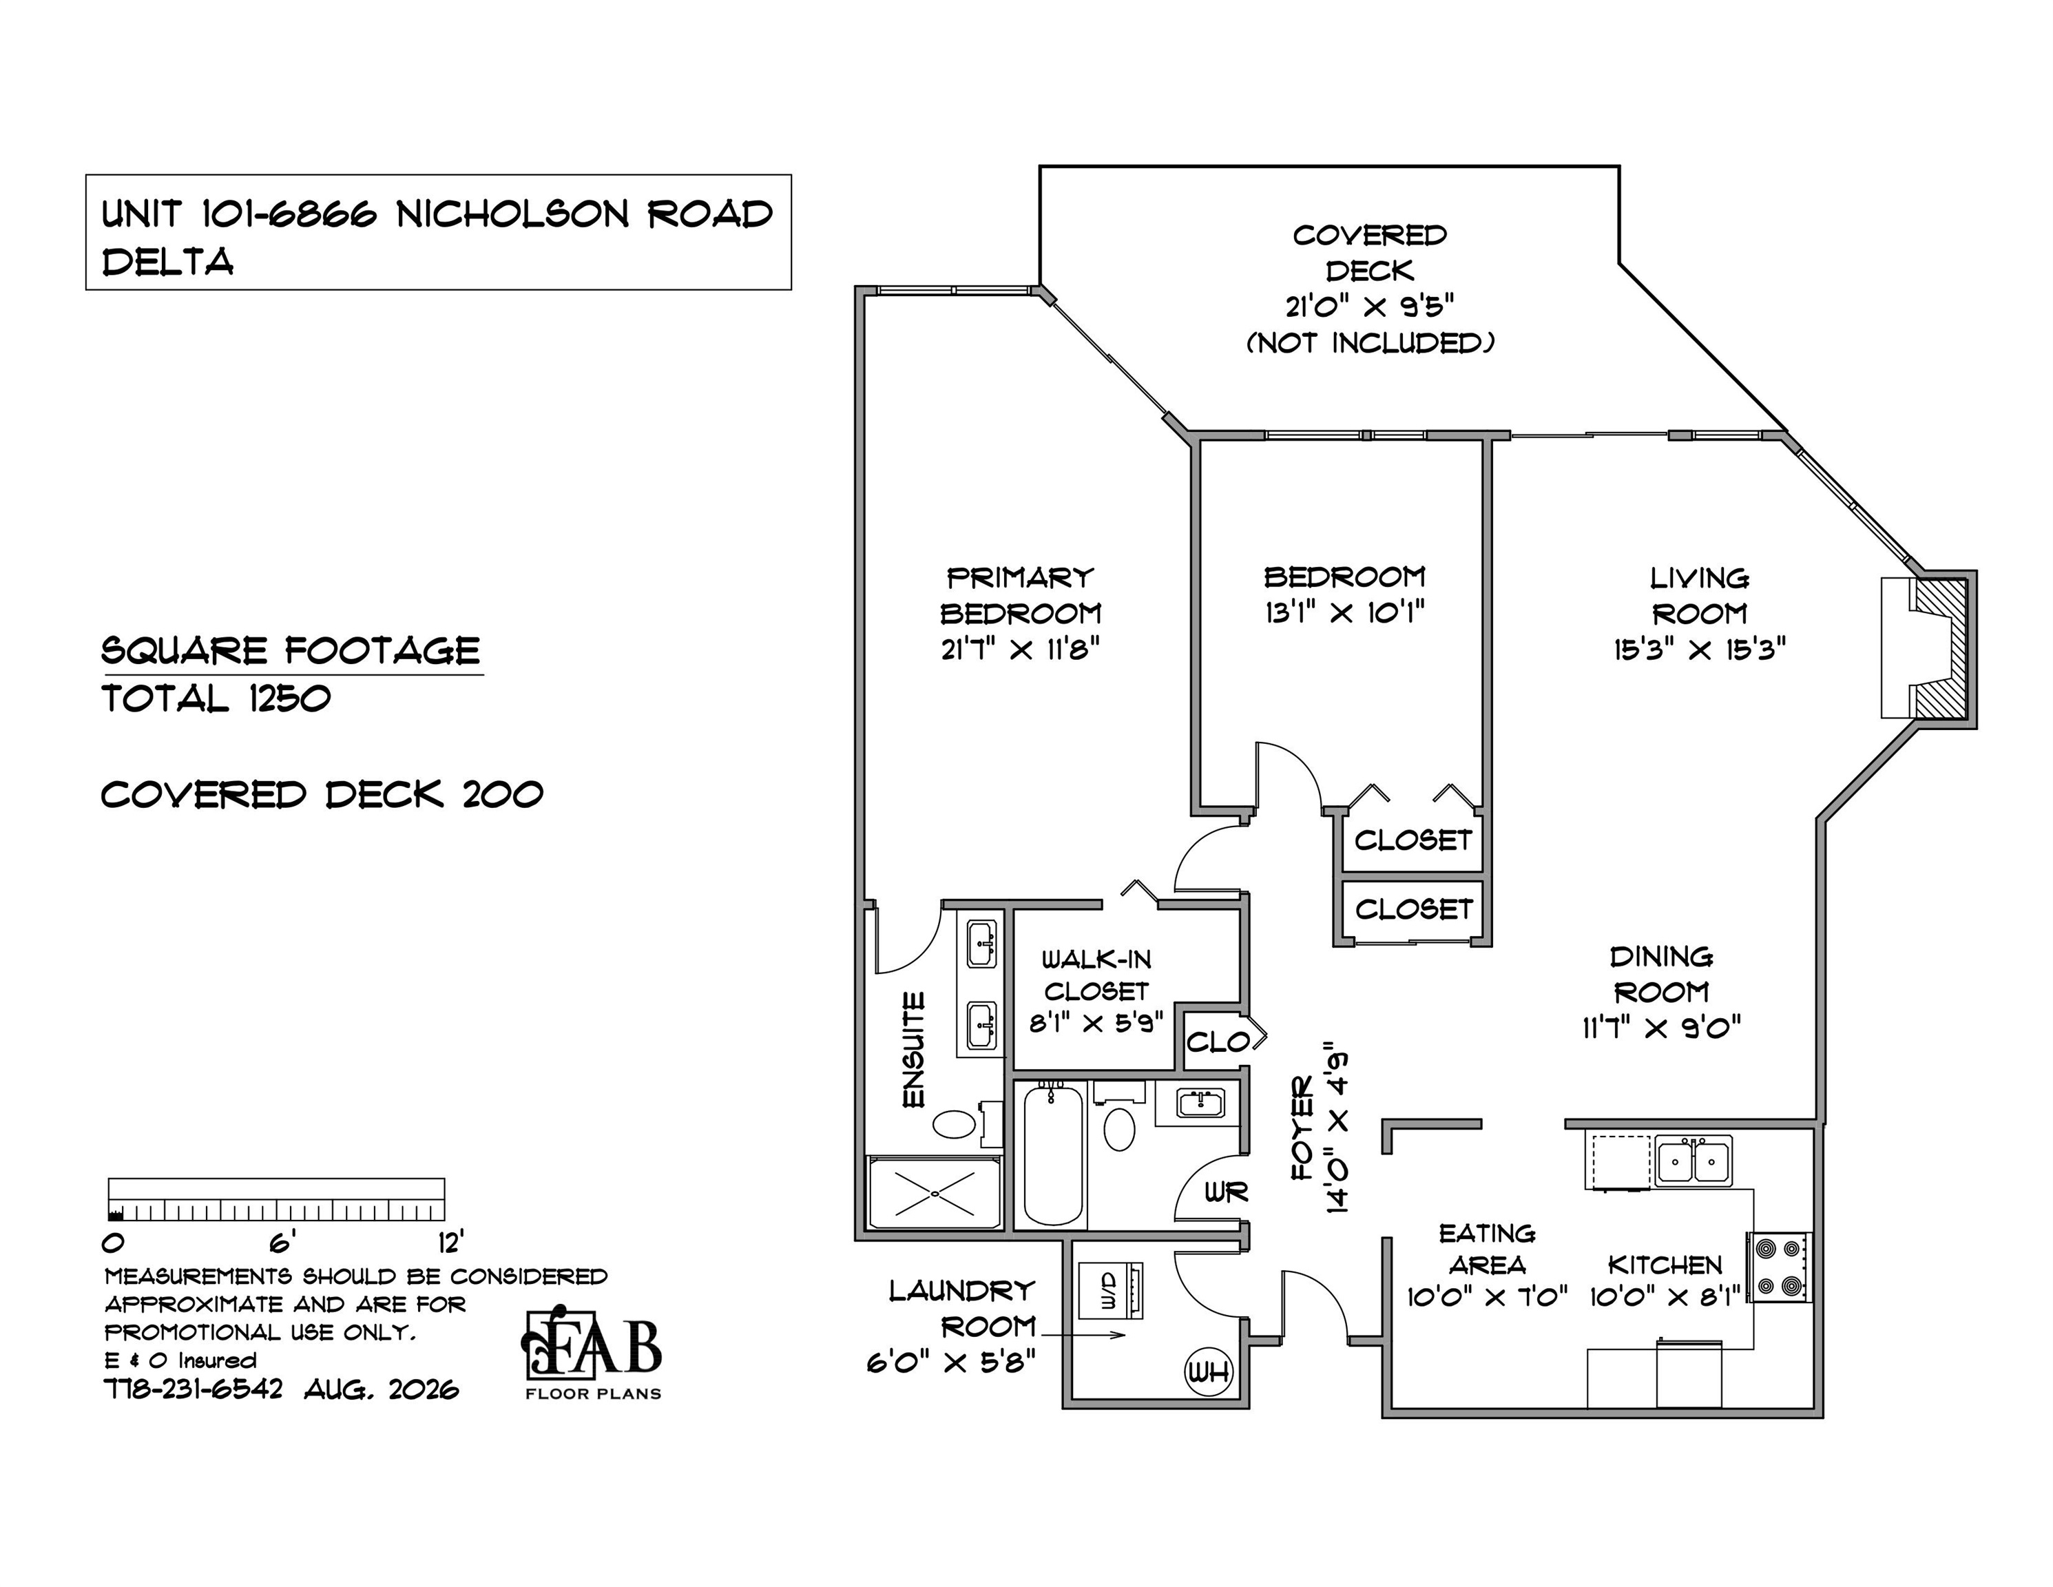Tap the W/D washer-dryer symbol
[1109, 1291]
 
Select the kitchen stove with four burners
[1780, 1267]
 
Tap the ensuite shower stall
[935, 1193]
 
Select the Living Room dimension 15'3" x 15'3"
[1700, 650]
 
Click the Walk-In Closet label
[1096, 975]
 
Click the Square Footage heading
[291, 651]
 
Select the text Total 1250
[216, 698]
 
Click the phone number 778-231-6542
[193, 1389]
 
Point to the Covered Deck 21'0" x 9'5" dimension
[1370, 307]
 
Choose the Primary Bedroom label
[1020, 595]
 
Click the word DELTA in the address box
[167, 262]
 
